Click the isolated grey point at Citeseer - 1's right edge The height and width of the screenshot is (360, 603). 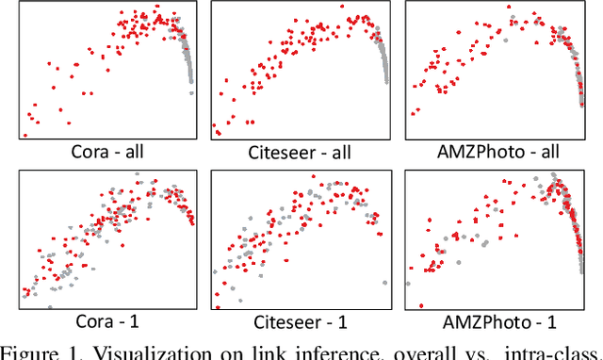pyautogui.click(x=384, y=283)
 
